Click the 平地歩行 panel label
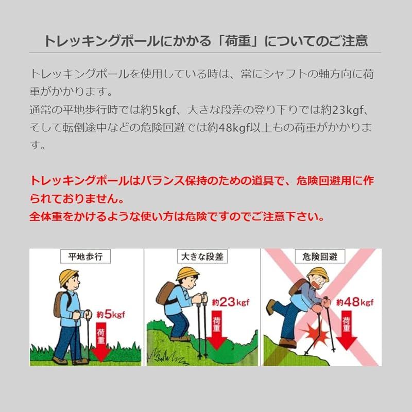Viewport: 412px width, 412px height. click(x=86, y=256)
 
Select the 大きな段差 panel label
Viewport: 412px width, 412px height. click(x=202, y=256)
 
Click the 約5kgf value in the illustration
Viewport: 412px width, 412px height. click(x=110, y=313)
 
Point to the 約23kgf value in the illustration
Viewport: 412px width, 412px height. click(x=230, y=302)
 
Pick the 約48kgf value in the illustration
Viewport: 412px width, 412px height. click(x=355, y=302)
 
